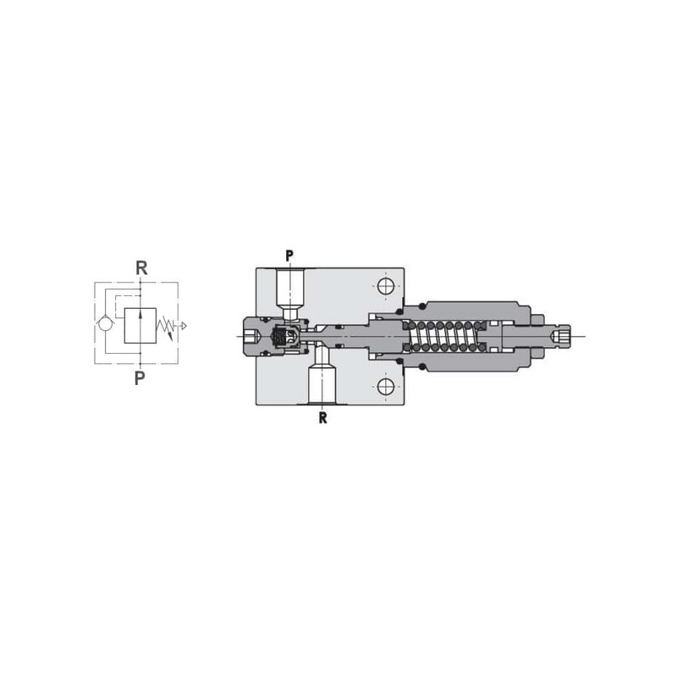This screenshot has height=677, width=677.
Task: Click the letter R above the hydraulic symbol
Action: (x=141, y=268)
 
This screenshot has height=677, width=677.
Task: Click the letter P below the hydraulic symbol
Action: (x=140, y=378)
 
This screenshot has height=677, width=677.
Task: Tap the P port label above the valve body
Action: (x=289, y=256)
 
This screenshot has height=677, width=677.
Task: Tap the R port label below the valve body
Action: (x=322, y=417)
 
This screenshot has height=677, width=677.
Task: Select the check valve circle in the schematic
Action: (x=105, y=324)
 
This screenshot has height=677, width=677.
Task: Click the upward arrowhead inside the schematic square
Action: (x=140, y=314)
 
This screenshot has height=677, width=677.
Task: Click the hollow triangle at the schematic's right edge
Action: (x=184, y=326)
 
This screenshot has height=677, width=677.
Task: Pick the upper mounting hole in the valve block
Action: (x=386, y=286)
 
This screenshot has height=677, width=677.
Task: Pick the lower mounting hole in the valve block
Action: (x=386, y=387)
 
